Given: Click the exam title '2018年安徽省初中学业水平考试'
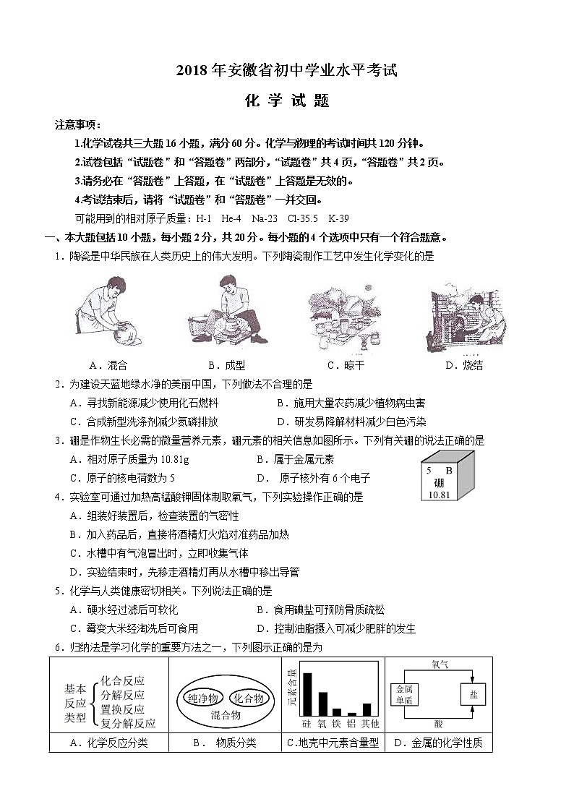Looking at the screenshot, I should (x=287, y=71).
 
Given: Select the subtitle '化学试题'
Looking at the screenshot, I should (x=287, y=102).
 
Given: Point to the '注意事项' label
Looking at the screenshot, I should (x=77, y=125).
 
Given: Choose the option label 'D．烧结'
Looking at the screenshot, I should (x=464, y=366).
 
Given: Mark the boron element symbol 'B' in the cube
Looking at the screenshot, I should (x=449, y=471).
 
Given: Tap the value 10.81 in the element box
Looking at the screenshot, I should (x=439, y=495).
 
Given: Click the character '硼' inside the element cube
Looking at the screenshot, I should (x=439, y=483).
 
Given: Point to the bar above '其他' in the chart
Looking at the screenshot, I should (x=367, y=709).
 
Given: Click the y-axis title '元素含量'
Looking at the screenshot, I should (x=292, y=687).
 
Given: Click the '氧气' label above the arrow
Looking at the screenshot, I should (x=440, y=664).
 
